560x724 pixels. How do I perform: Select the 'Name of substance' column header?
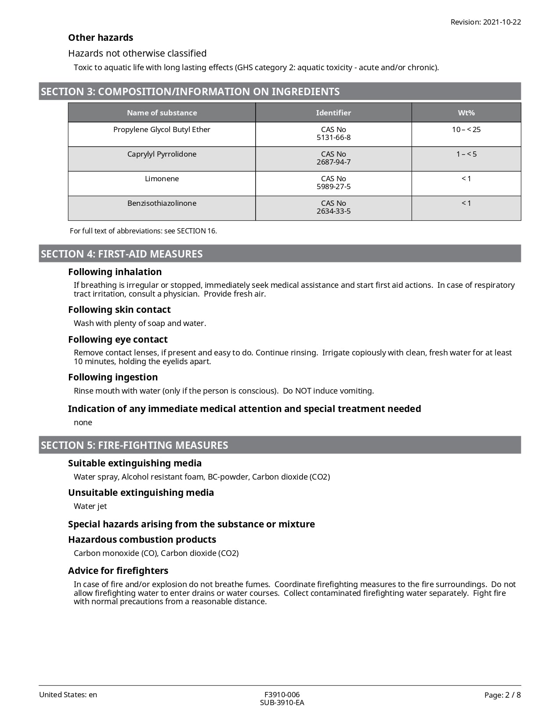pos(162,113)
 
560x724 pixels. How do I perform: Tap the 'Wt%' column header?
pos(466,113)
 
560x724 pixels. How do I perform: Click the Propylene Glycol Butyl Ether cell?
pos(162,129)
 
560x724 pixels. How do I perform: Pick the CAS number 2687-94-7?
pos(333,162)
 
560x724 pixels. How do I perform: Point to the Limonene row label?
pos(162,179)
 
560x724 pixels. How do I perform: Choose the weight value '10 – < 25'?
pos(466,129)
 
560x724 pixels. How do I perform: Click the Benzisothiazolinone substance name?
pos(162,203)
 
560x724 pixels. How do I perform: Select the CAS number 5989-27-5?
pos(333,186)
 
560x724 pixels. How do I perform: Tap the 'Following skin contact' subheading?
pos(119,310)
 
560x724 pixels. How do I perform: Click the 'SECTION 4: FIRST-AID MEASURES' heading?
pos(122,254)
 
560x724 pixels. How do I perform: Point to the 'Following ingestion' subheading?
pos(113,377)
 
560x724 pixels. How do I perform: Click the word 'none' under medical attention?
pos(83,423)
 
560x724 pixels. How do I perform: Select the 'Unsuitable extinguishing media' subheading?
pos(141,493)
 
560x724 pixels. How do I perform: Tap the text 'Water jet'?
pos(90,506)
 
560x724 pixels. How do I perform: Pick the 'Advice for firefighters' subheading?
pos(118,571)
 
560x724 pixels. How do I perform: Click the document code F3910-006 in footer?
pos(282,695)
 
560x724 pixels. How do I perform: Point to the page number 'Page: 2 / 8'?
pos(502,695)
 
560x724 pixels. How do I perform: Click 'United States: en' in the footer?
pos(68,695)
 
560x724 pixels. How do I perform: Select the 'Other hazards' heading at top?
pos(101,38)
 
